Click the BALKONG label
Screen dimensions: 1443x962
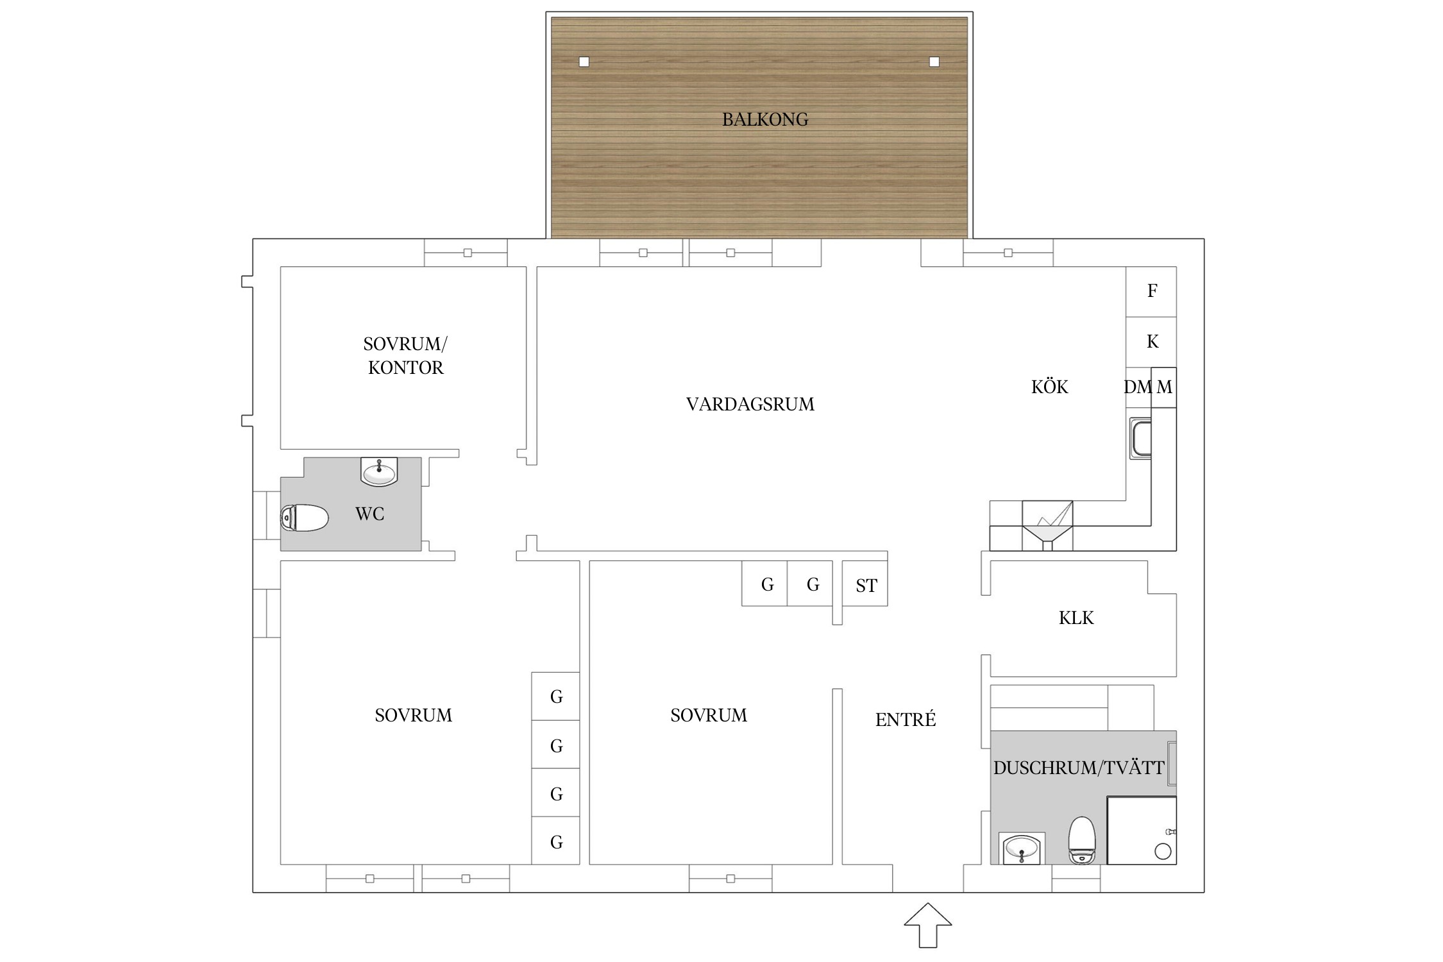[x=765, y=119]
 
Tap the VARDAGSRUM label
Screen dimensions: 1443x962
[x=750, y=404]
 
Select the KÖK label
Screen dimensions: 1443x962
[x=1050, y=387]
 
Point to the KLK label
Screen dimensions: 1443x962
[x=1076, y=618]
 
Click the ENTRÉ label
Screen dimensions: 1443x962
[x=906, y=720]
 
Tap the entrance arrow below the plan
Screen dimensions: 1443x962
[x=928, y=925]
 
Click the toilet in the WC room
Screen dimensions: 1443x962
[x=305, y=518]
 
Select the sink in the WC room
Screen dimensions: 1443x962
[x=379, y=471]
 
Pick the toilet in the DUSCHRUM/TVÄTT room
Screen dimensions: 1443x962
[x=1082, y=840]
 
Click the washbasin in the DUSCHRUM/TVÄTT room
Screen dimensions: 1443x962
[x=1022, y=848]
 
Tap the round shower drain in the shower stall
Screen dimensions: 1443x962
[x=1163, y=851]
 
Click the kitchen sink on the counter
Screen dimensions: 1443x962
[x=1141, y=438]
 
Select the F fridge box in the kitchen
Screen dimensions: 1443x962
[x=1151, y=292]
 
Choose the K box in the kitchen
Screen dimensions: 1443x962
[x=1151, y=342]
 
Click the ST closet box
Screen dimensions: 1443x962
[x=865, y=584]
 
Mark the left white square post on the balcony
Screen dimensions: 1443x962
[x=584, y=62]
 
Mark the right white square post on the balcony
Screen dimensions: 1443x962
[x=934, y=62]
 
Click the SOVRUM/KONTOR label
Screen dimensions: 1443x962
[x=405, y=356]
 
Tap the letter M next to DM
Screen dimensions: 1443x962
[x=1165, y=387]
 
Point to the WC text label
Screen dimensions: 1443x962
[x=370, y=514]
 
